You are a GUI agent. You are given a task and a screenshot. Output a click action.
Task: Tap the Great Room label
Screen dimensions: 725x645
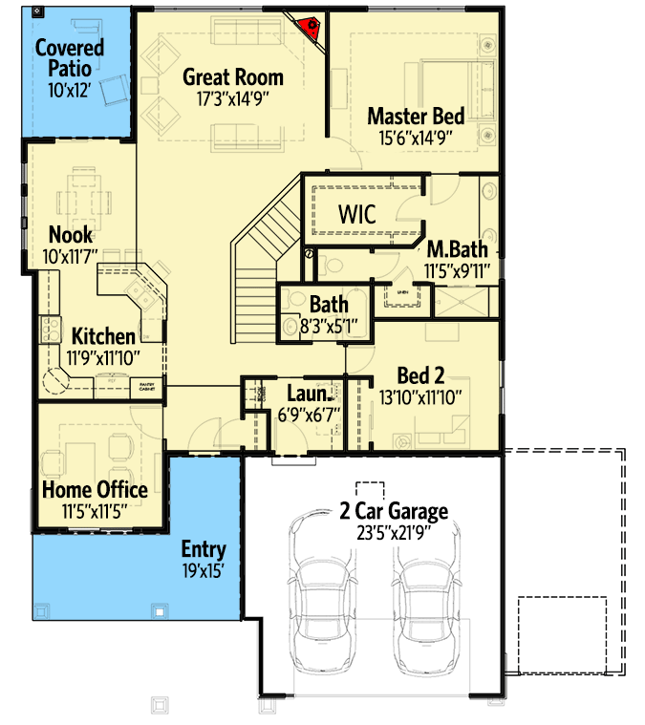pyautogui.click(x=233, y=77)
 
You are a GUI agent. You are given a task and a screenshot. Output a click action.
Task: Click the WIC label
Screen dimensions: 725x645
pyautogui.click(x=356, y=215)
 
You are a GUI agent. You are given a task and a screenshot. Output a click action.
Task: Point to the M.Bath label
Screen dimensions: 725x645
pyautogui.click(x=457, y=249)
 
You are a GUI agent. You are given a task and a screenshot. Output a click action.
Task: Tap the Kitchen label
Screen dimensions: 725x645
pyautogui.click(x=103, y=336)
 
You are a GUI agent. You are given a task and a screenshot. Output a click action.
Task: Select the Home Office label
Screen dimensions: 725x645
pyautogui.click(x=95, y=490)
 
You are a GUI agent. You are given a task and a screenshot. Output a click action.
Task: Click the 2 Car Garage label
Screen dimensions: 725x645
pyautogui.click(x=394, y=512)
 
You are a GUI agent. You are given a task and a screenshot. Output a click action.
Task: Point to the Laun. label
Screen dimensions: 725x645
pyautogui.click(x=311, y=394)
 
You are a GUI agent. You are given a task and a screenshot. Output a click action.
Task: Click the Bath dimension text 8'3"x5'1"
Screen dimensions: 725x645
pyautogui.click(x=322, y=326)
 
